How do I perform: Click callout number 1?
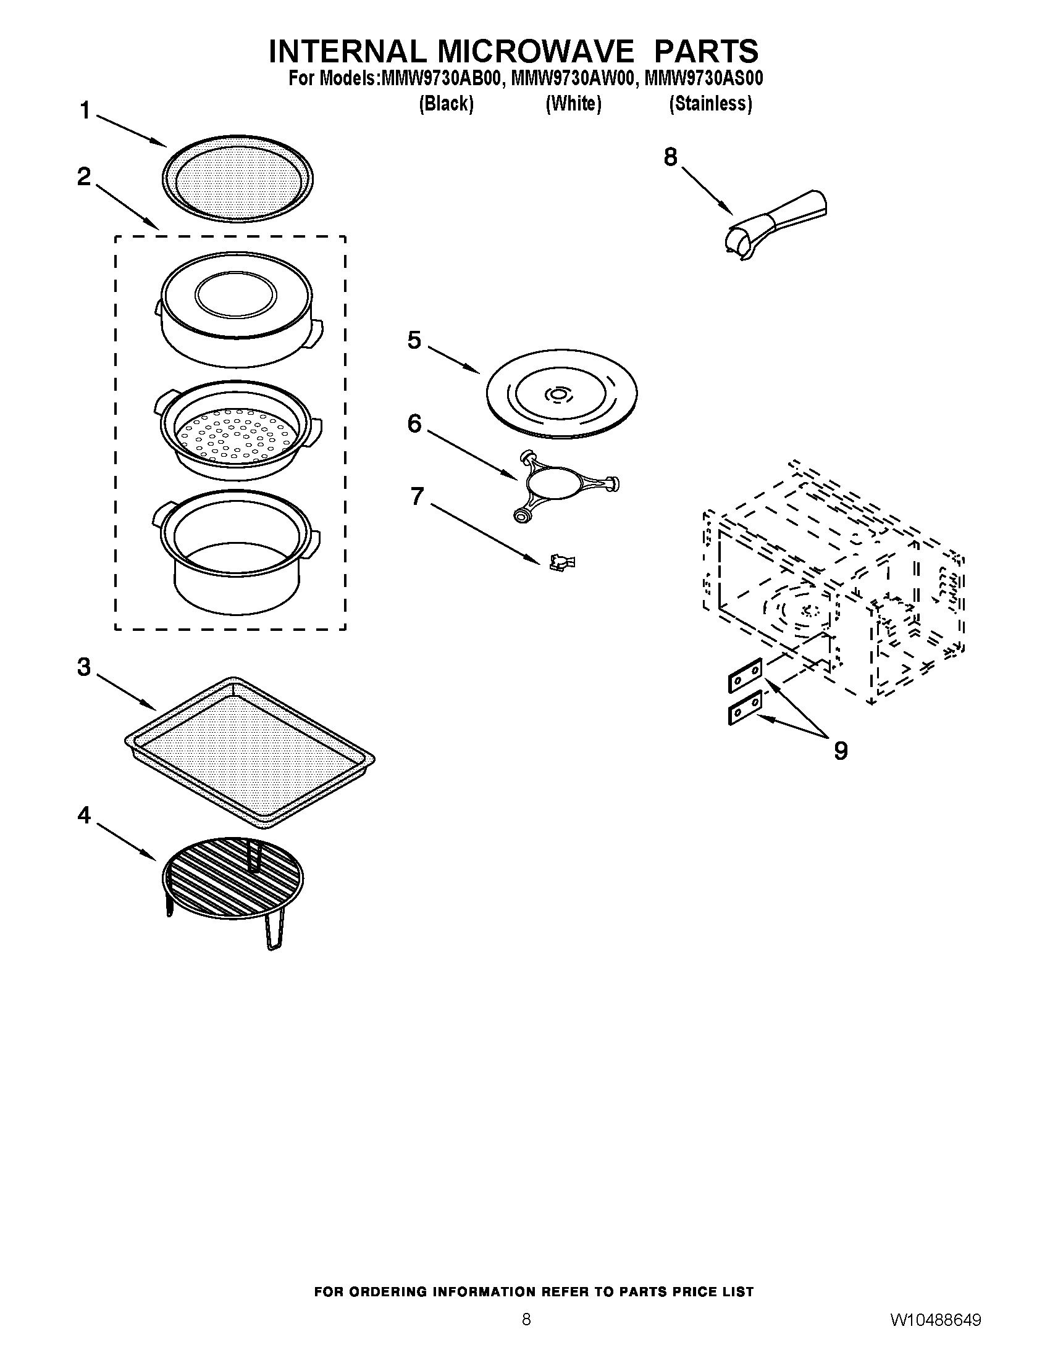(x=85, y=111)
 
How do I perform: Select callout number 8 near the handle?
(x=670, y=157)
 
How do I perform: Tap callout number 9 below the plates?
(x=840, y=751)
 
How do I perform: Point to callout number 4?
(x=84, y=815)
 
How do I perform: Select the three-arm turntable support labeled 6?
(x=563, y=486)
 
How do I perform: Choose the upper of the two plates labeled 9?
(x=745, y=675)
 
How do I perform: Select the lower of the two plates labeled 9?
(x=745, y=707)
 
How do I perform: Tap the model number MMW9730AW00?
(x=573, y=79)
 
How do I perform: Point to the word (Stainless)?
(x=710, y=103)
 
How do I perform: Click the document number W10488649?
(x=936, y=1336)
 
